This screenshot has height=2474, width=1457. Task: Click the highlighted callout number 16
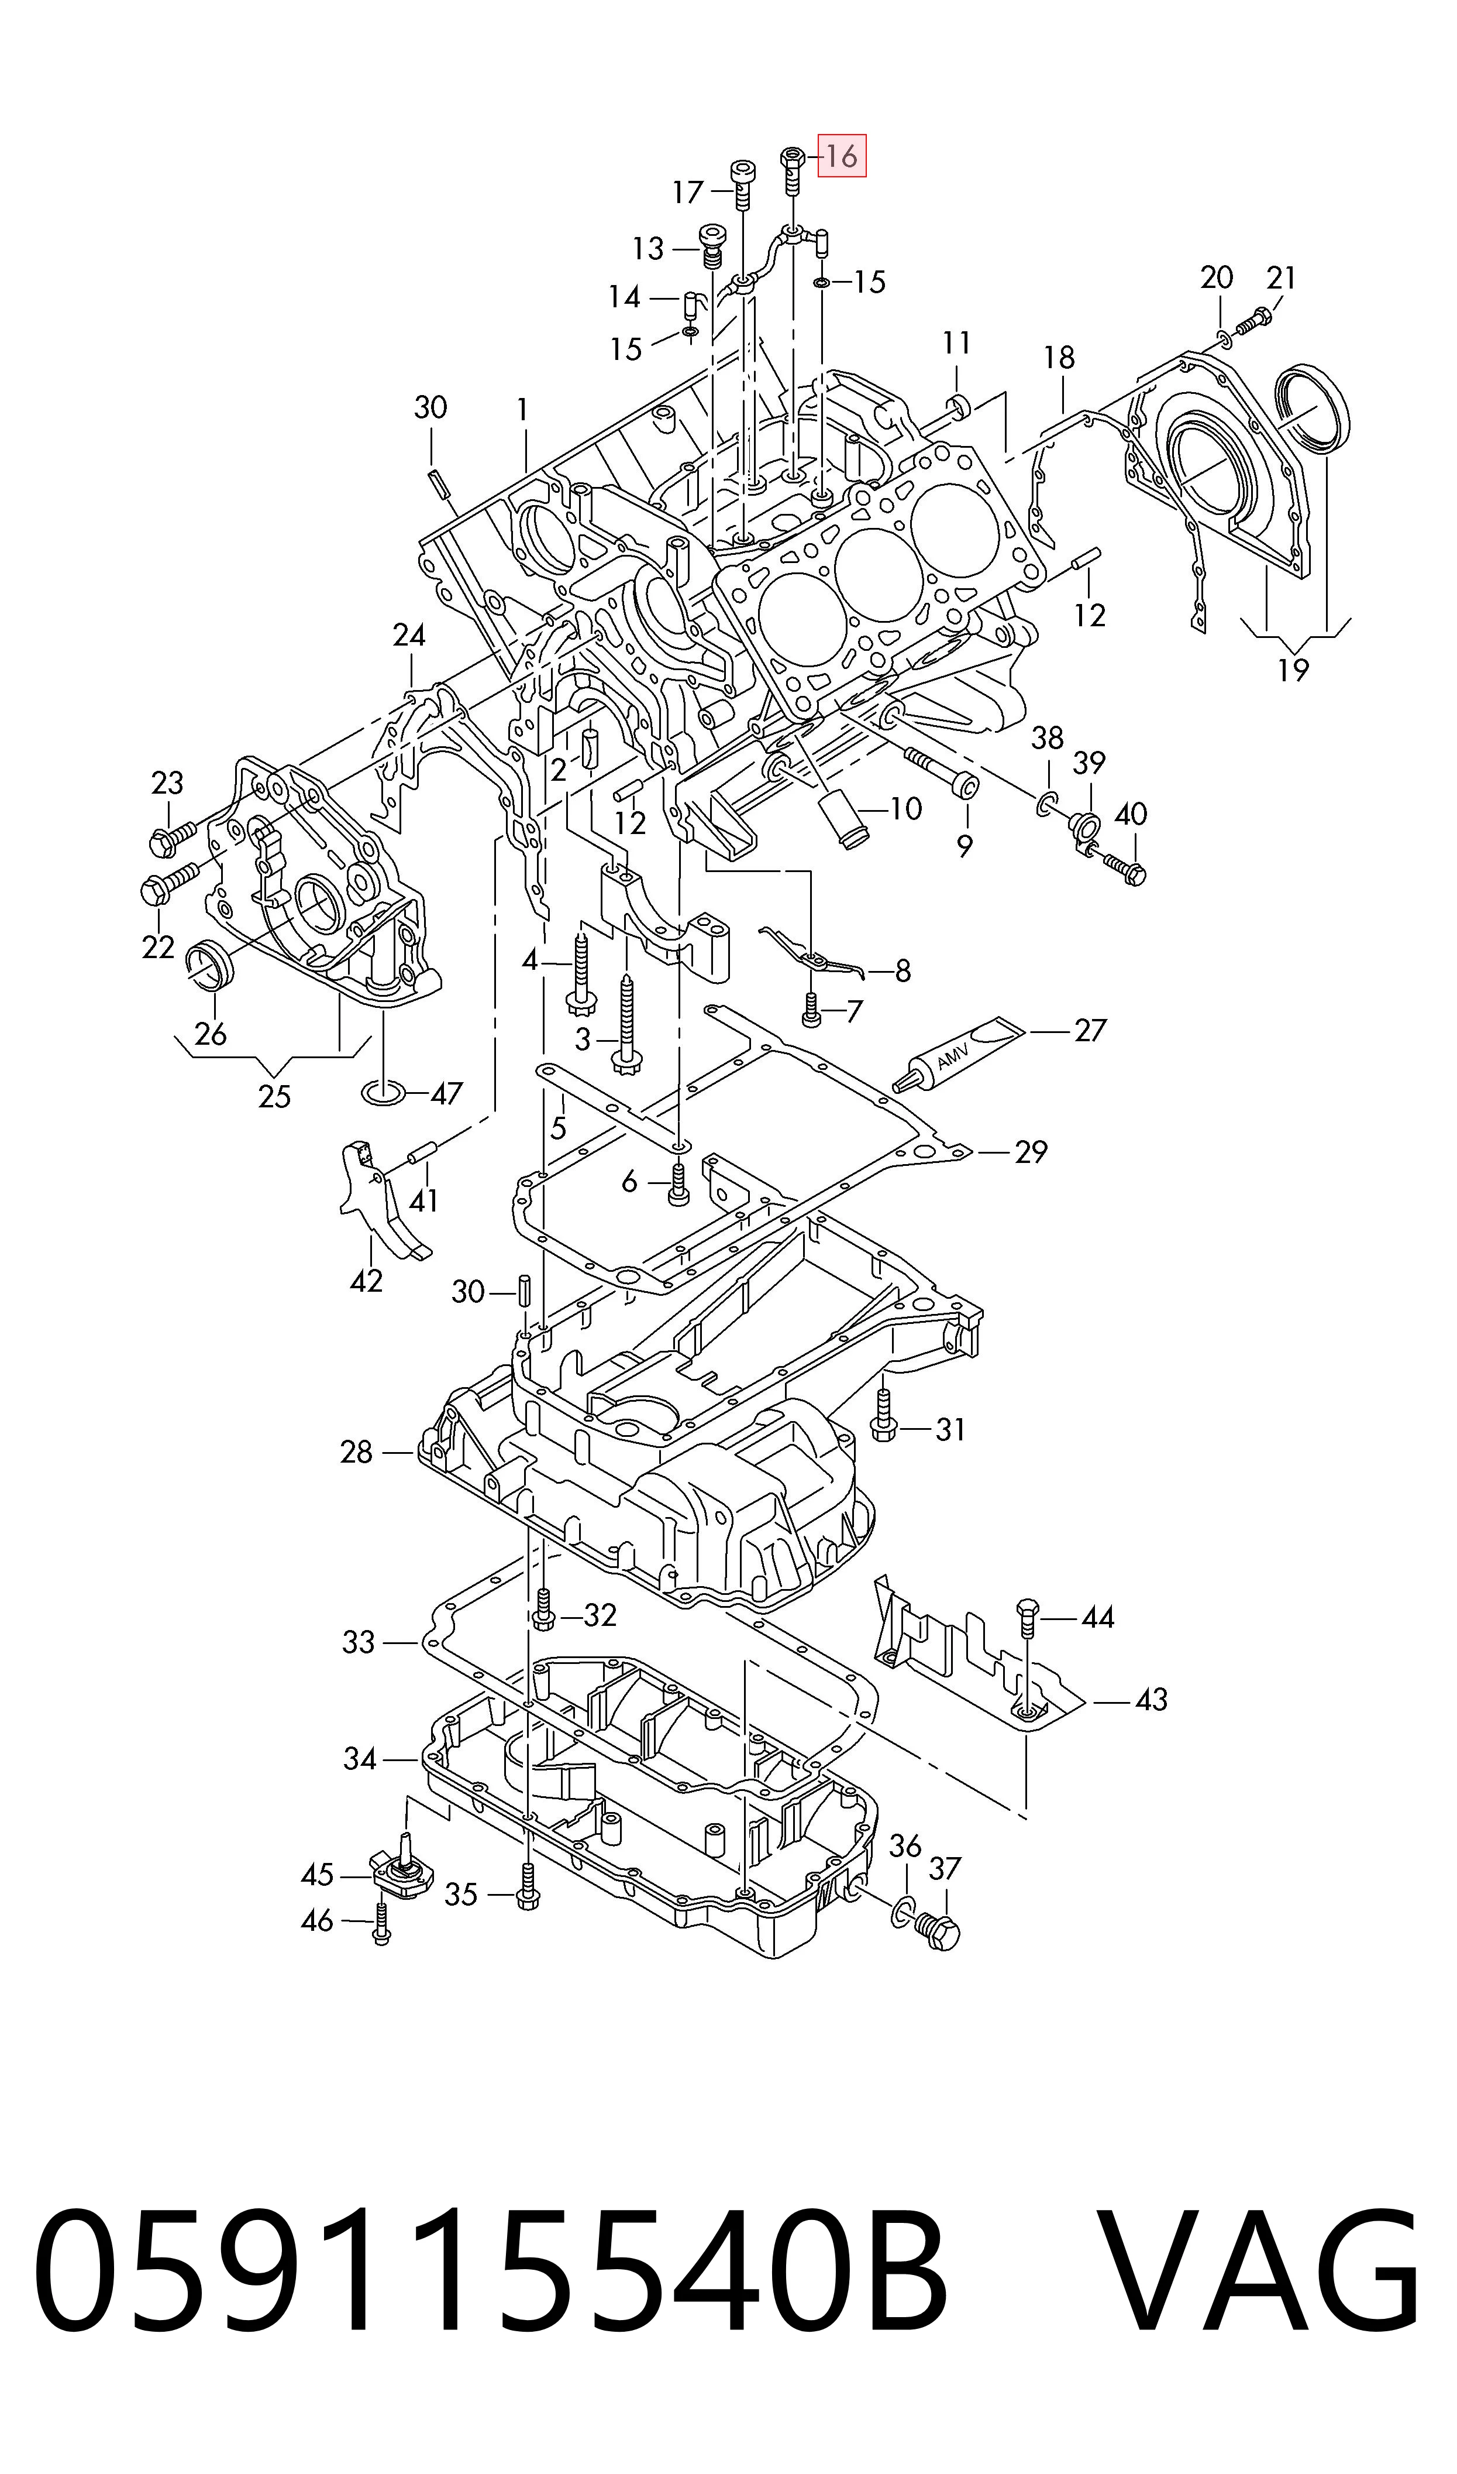(842, 156)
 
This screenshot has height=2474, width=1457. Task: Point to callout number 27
(1090, 1030)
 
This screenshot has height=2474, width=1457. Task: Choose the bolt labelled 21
(1255, 320)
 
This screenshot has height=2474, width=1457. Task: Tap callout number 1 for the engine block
(523, 410)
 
